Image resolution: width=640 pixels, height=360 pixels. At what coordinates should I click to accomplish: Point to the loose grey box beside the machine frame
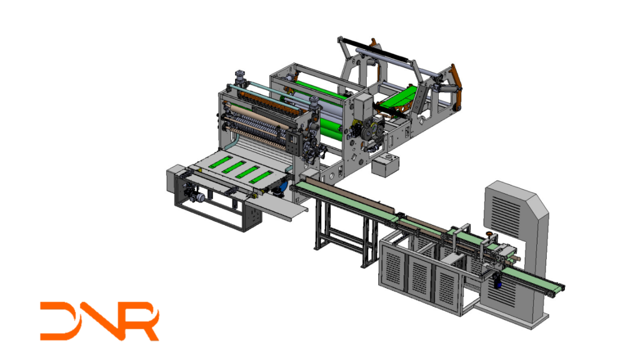tap(385, 164)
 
